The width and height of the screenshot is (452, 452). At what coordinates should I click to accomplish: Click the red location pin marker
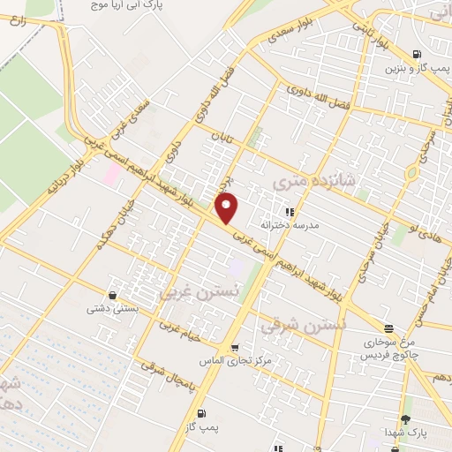(228, 208)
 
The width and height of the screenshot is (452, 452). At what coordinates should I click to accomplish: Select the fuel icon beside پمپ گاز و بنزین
(416, 52)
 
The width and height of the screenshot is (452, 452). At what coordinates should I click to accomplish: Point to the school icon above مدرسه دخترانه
(288, 212)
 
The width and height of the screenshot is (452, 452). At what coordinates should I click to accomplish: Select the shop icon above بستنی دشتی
(112, 296)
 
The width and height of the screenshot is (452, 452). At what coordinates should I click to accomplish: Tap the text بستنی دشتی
(110, 310)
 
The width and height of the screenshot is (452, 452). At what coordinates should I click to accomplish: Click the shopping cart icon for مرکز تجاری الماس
(234, 348)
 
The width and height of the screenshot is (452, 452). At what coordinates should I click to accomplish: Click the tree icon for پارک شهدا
(405, 419)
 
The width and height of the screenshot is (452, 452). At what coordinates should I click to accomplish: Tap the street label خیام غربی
(182, 332)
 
